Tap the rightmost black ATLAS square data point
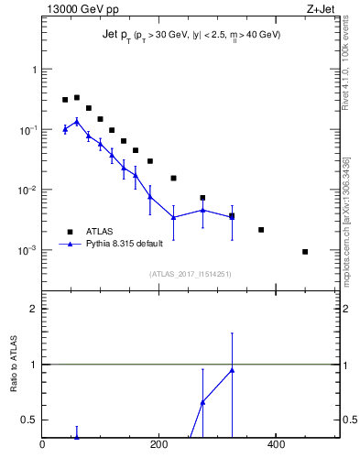305,252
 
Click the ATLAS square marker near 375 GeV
261,230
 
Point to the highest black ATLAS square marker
77,97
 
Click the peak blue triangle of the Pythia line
77,121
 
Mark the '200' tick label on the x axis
159,446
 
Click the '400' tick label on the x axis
276,446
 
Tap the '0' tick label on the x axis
43,446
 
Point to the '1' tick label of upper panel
34,70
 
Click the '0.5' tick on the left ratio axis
28,420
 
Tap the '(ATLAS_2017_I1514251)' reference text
191,274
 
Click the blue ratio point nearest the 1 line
232,370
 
